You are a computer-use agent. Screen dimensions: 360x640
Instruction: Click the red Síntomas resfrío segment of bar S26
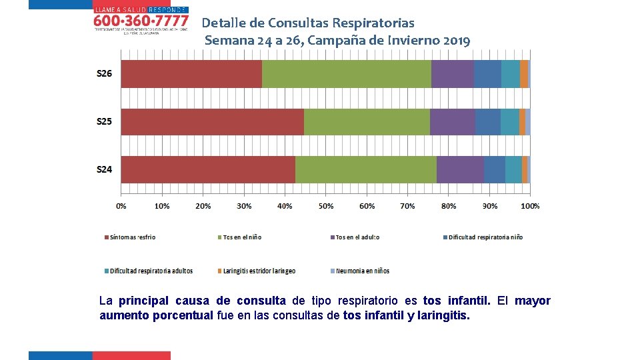[191, 73]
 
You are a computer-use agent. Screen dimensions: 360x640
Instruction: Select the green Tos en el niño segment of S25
[367, 121]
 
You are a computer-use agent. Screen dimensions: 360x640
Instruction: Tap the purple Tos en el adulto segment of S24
[460, 169]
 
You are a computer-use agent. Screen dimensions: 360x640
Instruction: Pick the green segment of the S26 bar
[347, 73]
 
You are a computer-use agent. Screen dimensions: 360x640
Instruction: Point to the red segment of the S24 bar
[208, 169]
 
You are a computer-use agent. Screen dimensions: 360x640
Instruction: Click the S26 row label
[105, 73]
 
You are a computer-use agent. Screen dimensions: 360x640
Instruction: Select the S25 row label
[105, 121]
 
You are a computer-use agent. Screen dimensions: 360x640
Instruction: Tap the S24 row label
[105, 169]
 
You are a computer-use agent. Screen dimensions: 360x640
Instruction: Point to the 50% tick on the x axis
[326, 206]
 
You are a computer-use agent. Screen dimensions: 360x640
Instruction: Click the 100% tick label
[530, 206]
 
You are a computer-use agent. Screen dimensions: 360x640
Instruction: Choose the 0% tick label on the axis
[121, 206]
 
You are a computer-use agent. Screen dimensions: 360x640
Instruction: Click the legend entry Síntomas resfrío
[132, 237]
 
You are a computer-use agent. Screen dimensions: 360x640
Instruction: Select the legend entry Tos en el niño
[242, 237]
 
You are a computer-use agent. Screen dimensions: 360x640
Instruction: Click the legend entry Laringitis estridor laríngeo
[259, 271]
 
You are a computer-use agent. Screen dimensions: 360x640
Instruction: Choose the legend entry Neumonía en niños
[362, 271]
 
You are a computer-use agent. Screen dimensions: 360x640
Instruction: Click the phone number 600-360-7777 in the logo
[141, 21]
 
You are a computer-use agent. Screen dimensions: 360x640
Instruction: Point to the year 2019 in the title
[456, 40]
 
